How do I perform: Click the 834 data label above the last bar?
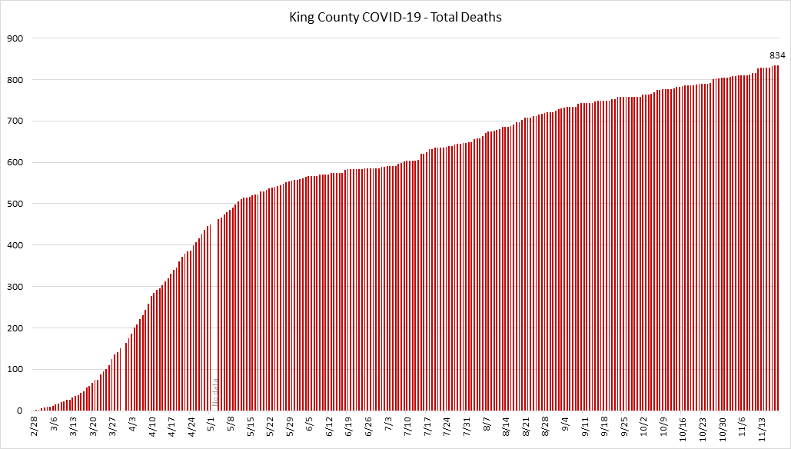(777, 55)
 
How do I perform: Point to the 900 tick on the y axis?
(15, 38)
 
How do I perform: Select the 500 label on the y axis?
(15, 205)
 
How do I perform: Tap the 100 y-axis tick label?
(15, 370)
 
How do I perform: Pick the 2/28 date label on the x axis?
(35, 425)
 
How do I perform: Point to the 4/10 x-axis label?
(153, 426)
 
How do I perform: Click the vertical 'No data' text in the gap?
(215, 394)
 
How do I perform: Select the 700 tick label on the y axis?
(15, 121)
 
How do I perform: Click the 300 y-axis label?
(15, 287)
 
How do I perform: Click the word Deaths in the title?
(484, 16)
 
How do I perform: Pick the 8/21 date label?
(527, 426)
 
